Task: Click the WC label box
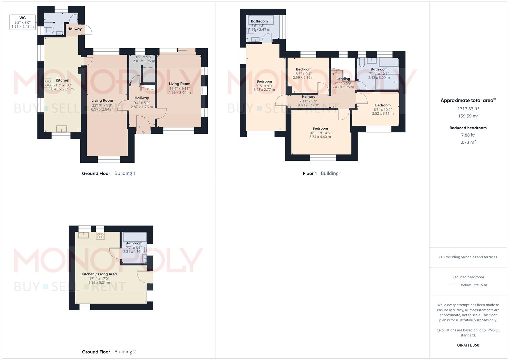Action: [x=23, y=22]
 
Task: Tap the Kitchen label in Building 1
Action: [x=62, y=80]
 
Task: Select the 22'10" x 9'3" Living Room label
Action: [x=102, y=101]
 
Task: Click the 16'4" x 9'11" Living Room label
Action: [x=179, y=84]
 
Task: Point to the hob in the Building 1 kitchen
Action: [x=48, y=83]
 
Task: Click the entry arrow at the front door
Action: [x=143, y=132]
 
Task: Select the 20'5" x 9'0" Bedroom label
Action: [x=264, y=82]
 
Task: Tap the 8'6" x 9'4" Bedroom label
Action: [x=303, y=70]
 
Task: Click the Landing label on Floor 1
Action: [x=343, y=79]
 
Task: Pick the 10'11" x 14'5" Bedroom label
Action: [x=320, y=129]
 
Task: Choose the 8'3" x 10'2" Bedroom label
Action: [x=383, y=105]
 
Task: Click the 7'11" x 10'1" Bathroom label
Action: [x=379, y=70]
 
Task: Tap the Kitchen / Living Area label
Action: [x=99, y=274]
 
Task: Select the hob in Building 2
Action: [x=100, y=236]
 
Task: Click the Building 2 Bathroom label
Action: [x=134, y=243]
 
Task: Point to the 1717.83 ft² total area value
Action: [x=468, y=109]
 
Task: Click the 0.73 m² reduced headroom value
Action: [x=468, y=142]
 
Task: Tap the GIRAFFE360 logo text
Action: [x=468, y=345]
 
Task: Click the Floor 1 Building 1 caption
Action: [x=322, y=173]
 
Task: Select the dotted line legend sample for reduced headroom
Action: [x=454, y=285]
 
